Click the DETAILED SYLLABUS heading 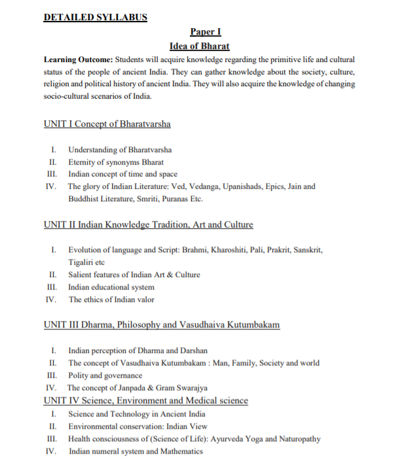[95, 17]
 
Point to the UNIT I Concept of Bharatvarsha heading [107, 123]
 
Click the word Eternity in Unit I [84, 161]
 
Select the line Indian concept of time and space [122, 174]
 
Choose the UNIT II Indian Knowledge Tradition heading [148, 225]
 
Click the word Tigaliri [83, 262]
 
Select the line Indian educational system [111, 287]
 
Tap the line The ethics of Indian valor [112, 299]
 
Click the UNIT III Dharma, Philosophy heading [162, 324]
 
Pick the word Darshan [192, 350]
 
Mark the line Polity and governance [105, 375]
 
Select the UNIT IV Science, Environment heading [145, 400]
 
